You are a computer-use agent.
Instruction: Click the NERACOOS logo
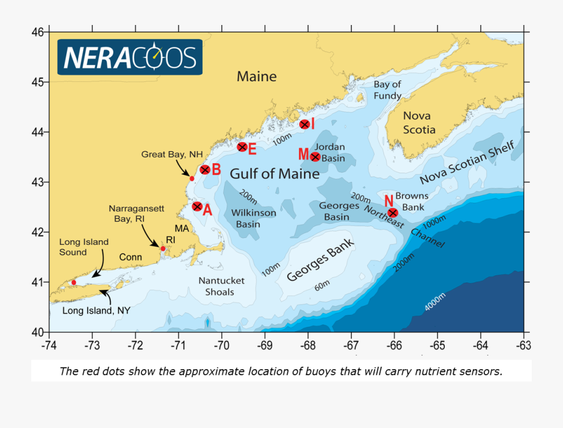[129, 57]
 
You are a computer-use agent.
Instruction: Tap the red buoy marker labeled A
[197, 206]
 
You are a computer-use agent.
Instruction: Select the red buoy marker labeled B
[205, 170]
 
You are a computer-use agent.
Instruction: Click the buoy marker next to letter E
[242, 147]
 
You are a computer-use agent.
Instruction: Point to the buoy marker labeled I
[305, 124]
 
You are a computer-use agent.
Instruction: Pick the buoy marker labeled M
[315, 156]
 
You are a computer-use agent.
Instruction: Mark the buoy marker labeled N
[393, 212]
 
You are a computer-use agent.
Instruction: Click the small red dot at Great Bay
[192, 179]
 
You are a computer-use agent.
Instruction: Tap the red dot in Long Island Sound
[74, 282]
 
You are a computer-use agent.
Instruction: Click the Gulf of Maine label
[275, 173]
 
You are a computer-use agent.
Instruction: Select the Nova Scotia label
[418, 122]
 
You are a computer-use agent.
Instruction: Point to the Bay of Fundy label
[387, 90]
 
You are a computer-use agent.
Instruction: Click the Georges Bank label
[320, 261]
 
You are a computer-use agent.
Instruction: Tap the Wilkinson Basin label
[254, 218]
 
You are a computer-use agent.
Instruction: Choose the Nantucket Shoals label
[221, 286]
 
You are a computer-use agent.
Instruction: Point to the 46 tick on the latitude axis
[39, 32]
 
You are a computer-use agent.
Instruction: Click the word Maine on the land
[256, 77]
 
